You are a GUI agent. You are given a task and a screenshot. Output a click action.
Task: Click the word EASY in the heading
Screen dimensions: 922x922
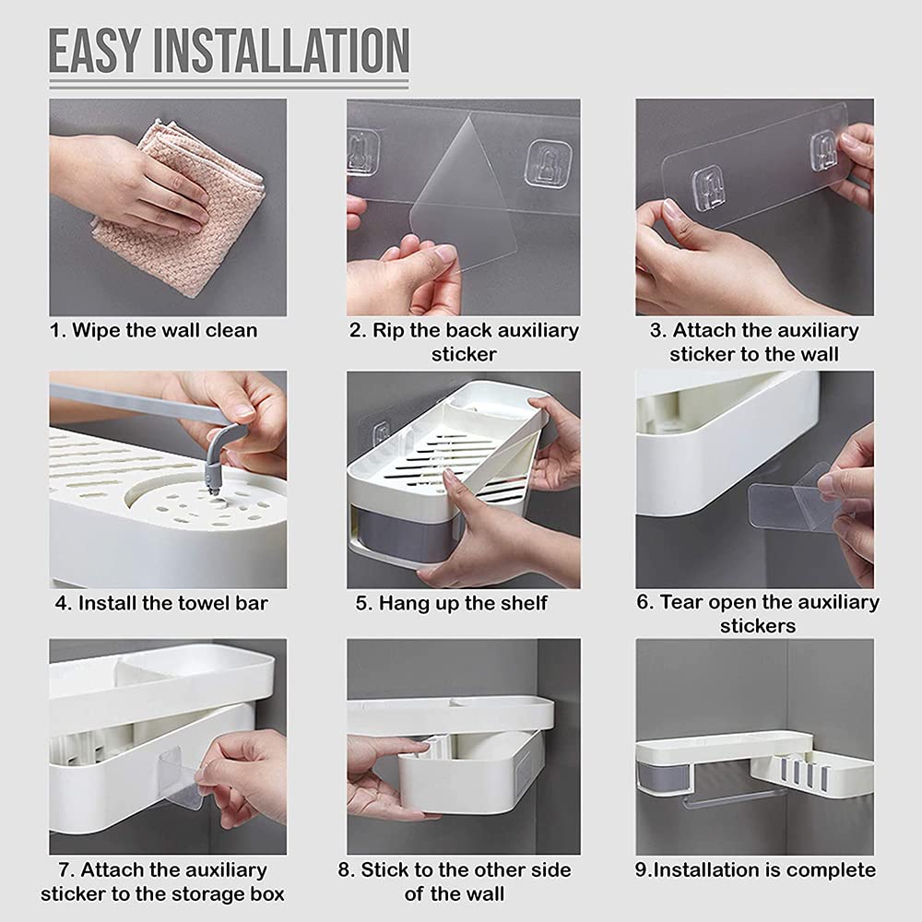[95, 51]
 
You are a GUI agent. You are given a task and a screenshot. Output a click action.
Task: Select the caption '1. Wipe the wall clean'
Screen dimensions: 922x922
[153, 330]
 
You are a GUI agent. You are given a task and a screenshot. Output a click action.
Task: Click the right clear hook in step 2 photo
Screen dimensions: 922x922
[548, 163]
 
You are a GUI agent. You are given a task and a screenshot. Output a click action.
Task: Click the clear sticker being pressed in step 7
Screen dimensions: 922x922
[180, 777]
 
